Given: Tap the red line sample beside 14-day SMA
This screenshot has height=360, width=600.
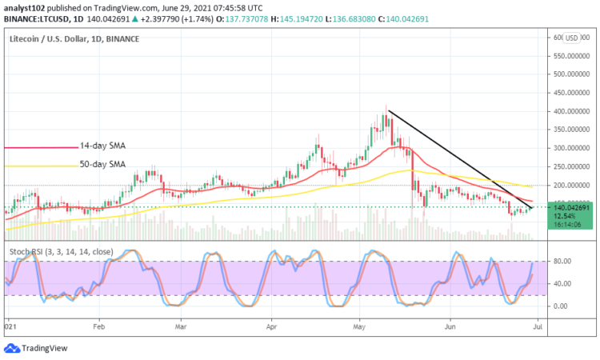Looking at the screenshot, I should click(x=39, y=147).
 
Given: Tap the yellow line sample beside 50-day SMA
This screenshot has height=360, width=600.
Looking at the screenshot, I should click(x=39, y=166).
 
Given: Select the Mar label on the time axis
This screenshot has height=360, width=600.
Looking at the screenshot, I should click(x=181, y=327).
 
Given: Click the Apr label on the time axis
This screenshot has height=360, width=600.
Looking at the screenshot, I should click(x=273, y=327).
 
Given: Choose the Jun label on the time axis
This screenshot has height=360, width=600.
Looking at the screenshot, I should click(x=450, y=327).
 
